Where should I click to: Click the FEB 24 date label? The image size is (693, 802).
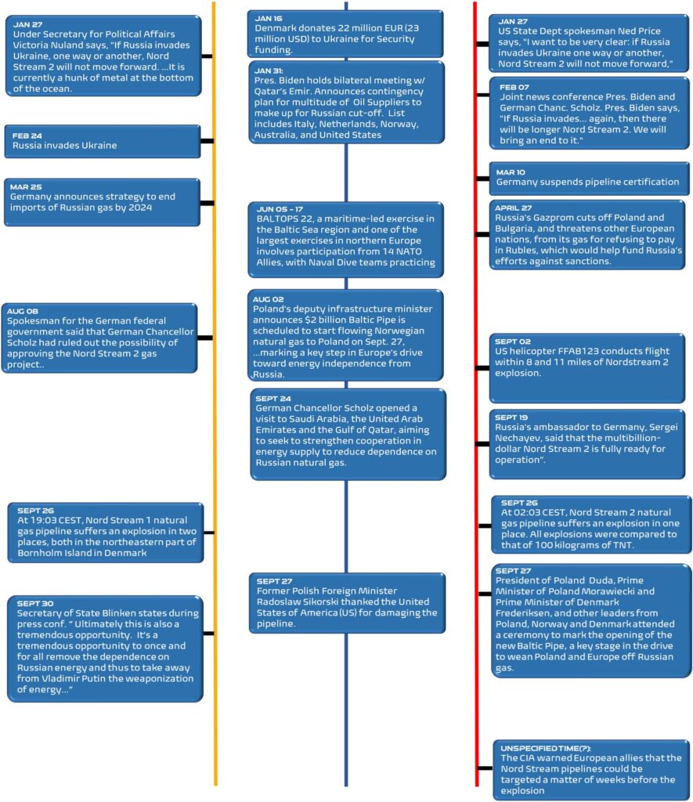pyautogui.click(x=27, y=135)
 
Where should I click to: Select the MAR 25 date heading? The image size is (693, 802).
pyautogui.click(x=26, y=186)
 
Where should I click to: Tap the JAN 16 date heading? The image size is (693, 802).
pyautogui.click(x=269, y=19)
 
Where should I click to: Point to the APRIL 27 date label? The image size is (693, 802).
pyautogui.click(x=513, y=208)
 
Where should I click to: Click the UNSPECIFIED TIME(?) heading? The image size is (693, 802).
pyautogui.click(x=546, y=748)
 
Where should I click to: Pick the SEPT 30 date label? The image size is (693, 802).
pyautogui.click(x=34, y=604)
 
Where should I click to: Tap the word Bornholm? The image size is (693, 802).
pyautogui.click(x=39, y=553)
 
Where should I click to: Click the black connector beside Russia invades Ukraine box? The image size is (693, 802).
pyautogui.click(x=208, y=141)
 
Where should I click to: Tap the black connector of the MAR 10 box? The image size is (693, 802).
pyautogui.click(x=483, y=179)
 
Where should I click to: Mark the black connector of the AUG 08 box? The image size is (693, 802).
pyautogui.click(x=204, y=338)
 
